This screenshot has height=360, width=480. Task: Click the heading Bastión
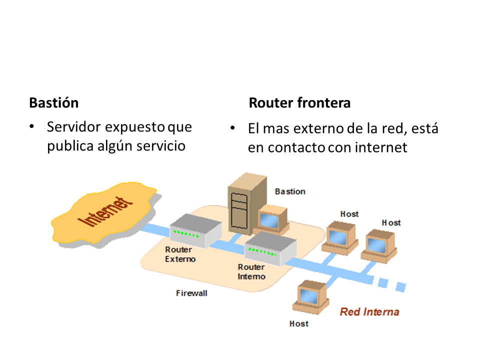(x=54, y=103)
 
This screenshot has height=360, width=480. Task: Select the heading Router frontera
(x=299, y=103)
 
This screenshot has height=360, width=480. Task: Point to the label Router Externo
(x=180, y=254)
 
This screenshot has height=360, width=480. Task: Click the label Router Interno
(x=251, y=272)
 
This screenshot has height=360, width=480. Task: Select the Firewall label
(x=191, y=293)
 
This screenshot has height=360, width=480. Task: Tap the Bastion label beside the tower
(x=290, y=191)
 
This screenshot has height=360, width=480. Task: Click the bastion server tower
(x=240, y=202)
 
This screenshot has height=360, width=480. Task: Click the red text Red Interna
(x=369, y=312)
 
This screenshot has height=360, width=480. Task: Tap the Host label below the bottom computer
(x=299, y=324)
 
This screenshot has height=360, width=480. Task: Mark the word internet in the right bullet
(x=383, y=148)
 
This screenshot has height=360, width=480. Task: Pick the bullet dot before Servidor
(x=32, y=127)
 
